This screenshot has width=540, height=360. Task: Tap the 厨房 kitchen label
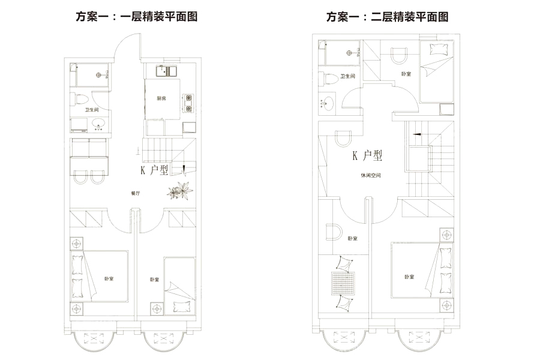161,98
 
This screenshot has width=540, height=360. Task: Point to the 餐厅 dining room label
135,193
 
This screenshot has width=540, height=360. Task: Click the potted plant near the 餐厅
180,191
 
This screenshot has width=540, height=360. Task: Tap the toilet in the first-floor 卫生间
82,100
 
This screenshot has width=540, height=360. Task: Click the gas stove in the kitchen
188,103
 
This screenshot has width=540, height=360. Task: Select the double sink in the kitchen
166,71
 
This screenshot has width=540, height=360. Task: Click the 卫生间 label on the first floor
91,110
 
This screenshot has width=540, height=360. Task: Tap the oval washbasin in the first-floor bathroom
98,124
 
